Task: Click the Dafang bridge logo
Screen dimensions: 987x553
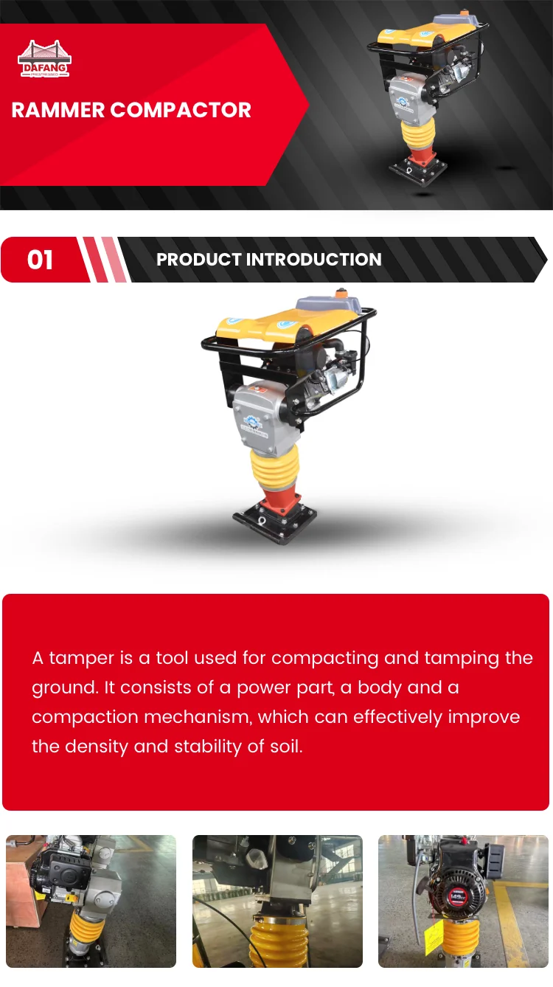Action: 44,59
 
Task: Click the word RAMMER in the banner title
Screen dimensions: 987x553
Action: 58,111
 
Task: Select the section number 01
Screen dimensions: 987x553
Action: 40,260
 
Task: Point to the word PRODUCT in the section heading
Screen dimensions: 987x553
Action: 199,260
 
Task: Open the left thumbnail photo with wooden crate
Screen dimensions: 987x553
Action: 91,901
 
